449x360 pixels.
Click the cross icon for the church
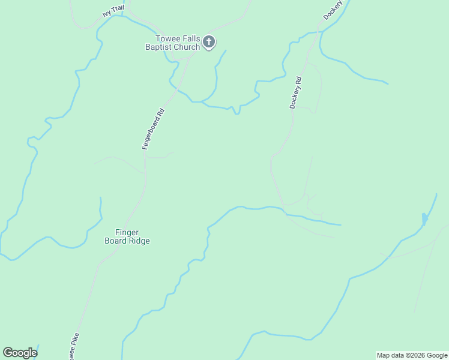[208, 41]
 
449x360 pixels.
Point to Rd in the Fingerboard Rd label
[160, 112]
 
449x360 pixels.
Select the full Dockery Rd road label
[295, 92]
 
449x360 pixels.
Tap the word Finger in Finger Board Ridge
[127, 232]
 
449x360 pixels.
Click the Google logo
[20, 353]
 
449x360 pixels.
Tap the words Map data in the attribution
[390, 355]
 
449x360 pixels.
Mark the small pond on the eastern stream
[425, 219]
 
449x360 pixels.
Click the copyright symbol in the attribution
[405, 355]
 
